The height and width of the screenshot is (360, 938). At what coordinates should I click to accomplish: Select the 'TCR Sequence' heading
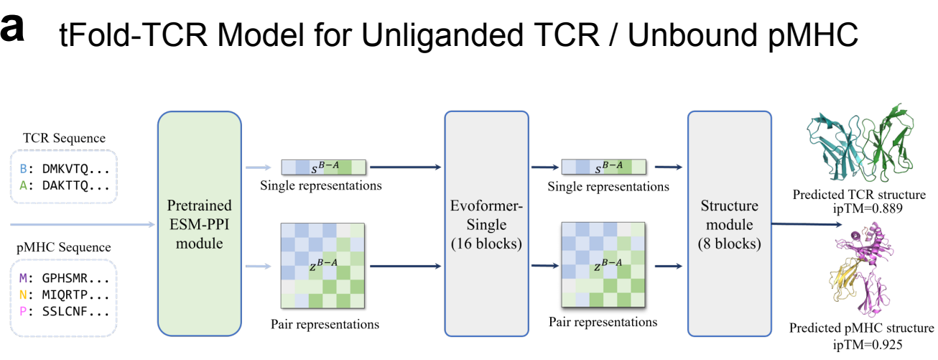[64, 138]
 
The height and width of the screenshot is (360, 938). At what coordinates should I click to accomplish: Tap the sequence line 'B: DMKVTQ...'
[63, 170]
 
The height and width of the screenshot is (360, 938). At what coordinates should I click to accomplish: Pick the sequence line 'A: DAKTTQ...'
[63, 187]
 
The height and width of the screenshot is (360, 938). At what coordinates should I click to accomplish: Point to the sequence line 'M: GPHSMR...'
[63, 278]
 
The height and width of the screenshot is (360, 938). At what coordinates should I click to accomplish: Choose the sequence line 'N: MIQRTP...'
[63, 295]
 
